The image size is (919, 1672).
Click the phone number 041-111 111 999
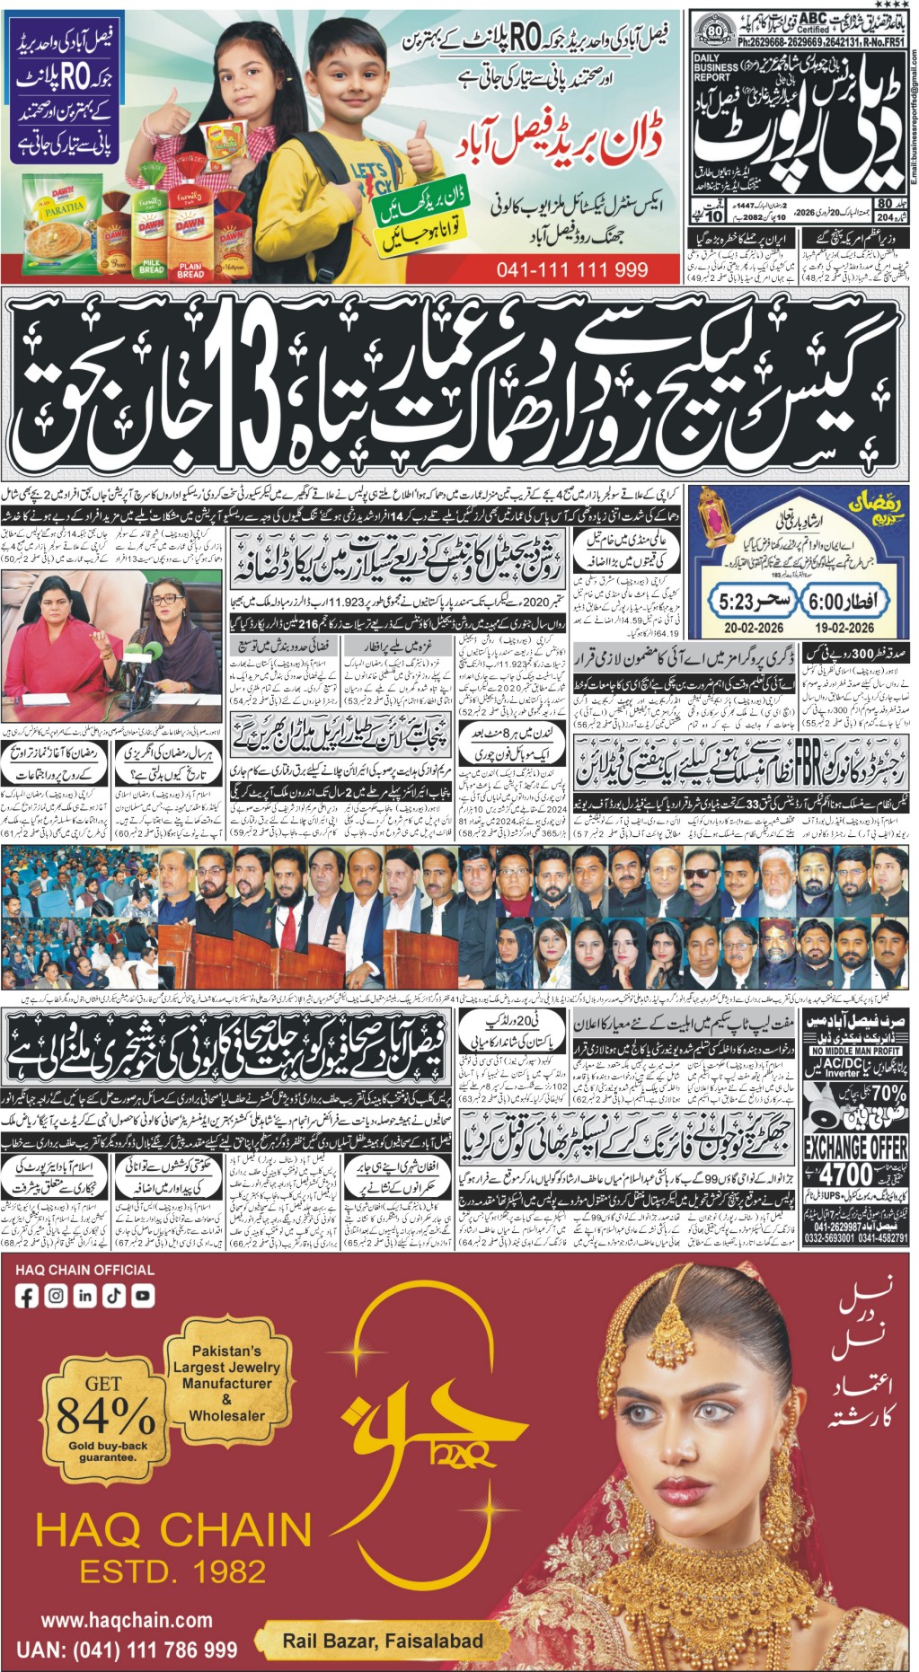pos(571,269)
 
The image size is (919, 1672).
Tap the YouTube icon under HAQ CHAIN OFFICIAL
pos(142,1295)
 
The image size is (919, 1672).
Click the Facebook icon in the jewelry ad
pos(27,1295)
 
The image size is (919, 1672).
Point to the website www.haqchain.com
pos(126,1620)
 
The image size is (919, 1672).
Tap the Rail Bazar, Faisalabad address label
pos(383,1640)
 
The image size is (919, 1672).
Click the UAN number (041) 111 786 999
pos(139,1650)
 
